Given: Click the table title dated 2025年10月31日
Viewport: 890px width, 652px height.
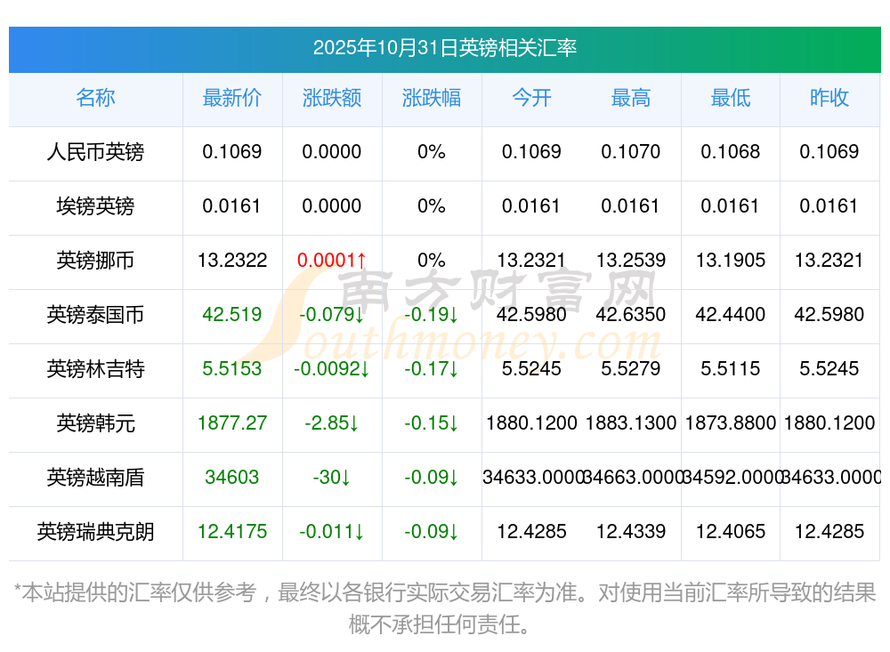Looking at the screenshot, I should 444,47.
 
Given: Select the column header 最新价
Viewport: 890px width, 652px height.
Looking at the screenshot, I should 232,98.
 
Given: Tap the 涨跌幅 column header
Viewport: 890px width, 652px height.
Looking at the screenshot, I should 432,98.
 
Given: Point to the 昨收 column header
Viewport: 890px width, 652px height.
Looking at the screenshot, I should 829,98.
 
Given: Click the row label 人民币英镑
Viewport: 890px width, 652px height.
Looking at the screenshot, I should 95,152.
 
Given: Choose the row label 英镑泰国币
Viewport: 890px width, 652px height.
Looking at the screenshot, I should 95,315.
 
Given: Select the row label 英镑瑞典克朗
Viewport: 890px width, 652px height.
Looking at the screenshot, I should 95,532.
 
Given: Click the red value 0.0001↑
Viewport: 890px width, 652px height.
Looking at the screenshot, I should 332,261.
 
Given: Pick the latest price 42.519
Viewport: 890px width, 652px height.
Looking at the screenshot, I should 232,315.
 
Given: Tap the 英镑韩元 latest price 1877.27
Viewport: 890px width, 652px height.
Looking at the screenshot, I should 232,423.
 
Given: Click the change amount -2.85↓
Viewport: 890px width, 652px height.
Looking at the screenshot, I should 332,423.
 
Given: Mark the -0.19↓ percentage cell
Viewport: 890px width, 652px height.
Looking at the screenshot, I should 432,315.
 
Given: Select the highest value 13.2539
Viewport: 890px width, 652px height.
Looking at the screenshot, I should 631,261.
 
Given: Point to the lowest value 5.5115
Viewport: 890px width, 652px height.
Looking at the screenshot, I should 731,369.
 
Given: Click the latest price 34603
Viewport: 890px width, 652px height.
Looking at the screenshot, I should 232,478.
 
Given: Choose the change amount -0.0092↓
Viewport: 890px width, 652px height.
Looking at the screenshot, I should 332,369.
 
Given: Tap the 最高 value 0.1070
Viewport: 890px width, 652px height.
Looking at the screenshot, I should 631,152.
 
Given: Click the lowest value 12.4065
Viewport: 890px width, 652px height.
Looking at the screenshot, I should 731,532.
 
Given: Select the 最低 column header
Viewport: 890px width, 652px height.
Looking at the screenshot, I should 731,98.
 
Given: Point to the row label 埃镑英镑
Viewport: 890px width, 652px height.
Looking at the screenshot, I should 95,206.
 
